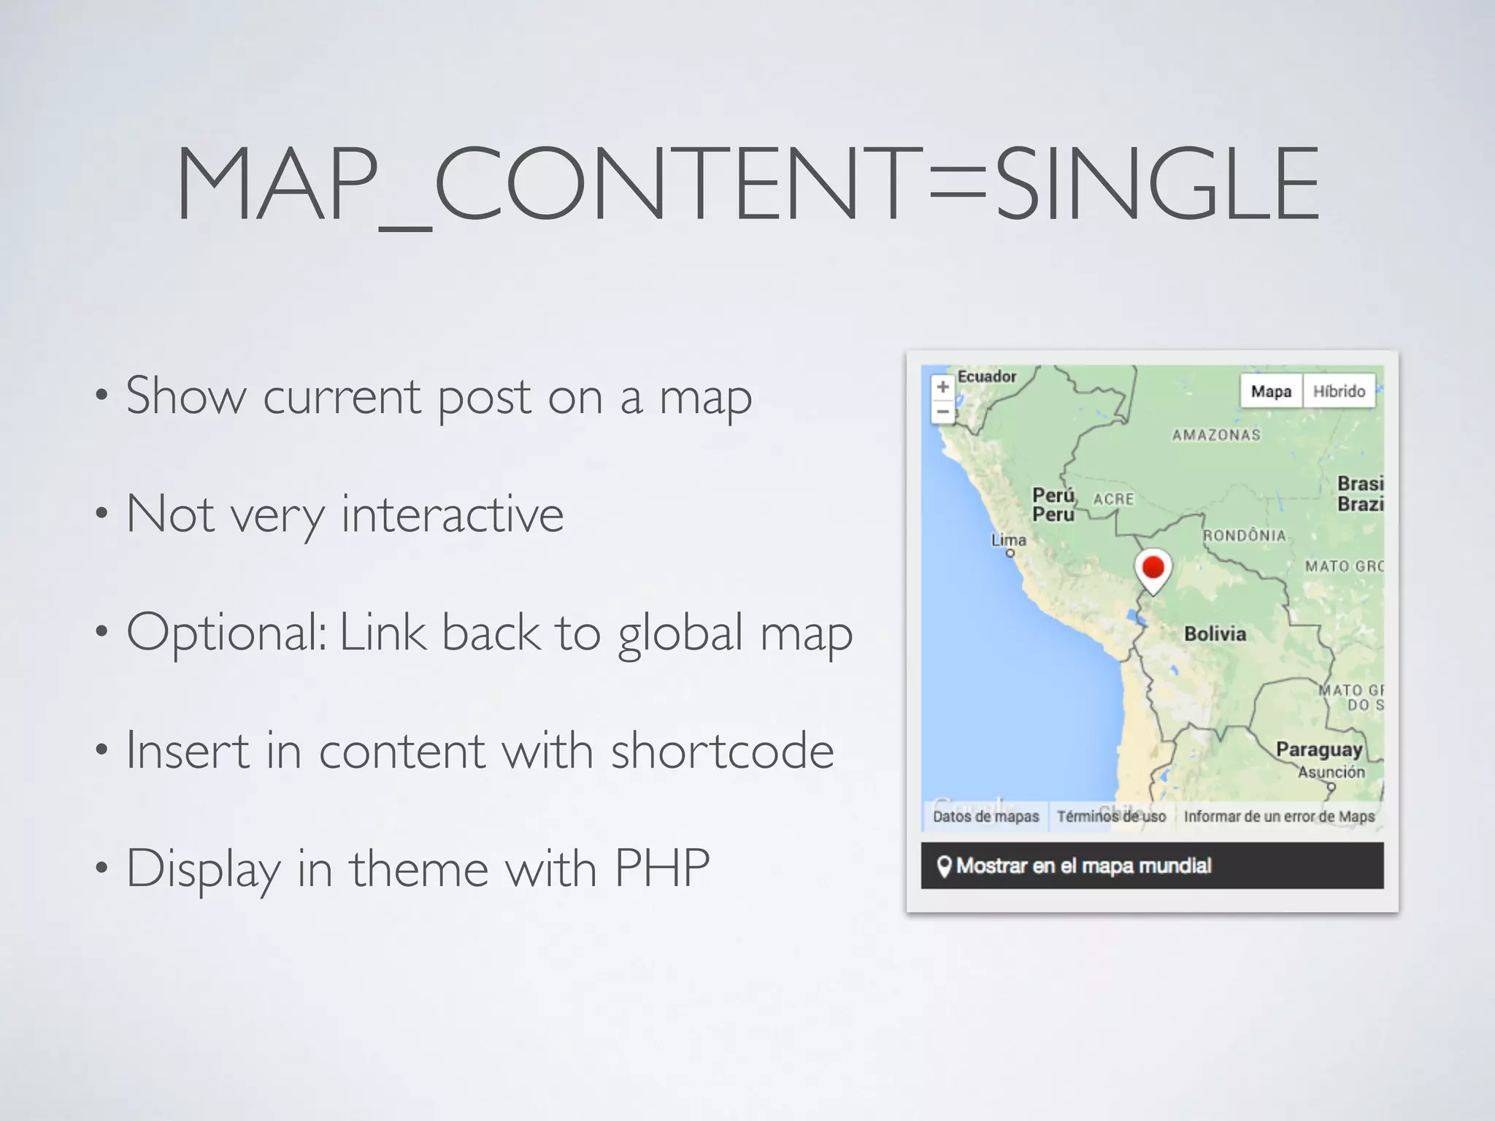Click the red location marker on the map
click(1153, 568)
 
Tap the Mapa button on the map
click(1271, 391)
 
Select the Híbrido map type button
click(1339, 391)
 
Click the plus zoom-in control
click(942, 387)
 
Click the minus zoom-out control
click(942, 412)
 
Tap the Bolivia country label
click(1215, 633)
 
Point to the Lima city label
click(1008, 540)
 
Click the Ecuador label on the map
click(986, 377)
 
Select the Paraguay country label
click(1318, 750)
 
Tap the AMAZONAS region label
click(1216, 435)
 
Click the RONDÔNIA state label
click(1245, 535)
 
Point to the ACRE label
click(1113, 499)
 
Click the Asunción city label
click(1331, 771)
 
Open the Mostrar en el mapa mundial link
click(1083, 866)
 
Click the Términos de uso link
click(1111, 816)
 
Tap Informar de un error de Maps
click(1279, 816)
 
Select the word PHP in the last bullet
click(661, 868)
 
